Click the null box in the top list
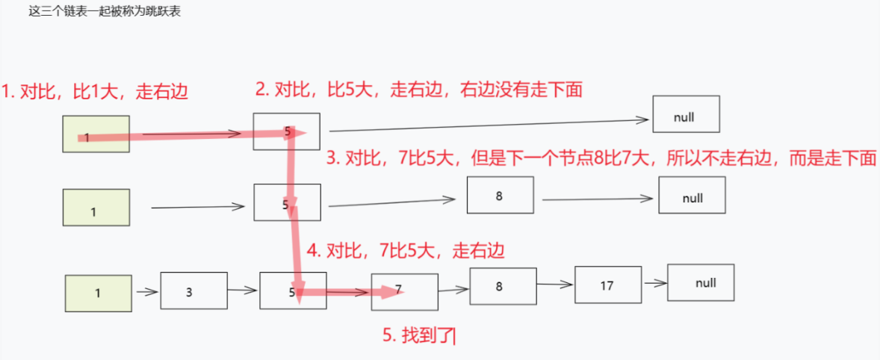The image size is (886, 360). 686,114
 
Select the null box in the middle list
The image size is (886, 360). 692,195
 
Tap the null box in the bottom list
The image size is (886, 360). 701,283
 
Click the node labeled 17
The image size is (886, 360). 607,285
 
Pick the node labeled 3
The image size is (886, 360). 193,291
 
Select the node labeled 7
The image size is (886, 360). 404,291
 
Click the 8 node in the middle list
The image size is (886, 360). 500,196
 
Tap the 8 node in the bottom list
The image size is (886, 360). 503,285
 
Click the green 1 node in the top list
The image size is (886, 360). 96,134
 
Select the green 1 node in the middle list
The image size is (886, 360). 96,208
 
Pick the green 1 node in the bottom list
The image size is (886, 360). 98,293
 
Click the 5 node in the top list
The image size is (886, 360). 286,131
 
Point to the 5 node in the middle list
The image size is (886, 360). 287,202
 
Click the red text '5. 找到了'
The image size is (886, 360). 418,336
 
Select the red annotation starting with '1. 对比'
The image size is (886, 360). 94,93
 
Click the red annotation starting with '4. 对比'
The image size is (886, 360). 406,250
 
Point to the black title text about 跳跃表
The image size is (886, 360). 105,13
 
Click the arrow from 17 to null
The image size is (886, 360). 655,283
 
